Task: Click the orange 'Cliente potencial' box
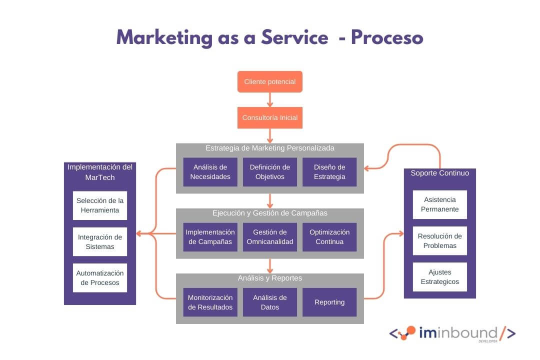pyautogui.click(x=270, y=81)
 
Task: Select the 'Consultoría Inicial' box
pyautogui.click(x=270, y=118)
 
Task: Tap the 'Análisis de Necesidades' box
pyautogui.click(x=210, y=172)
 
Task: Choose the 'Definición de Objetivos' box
pyautogui.click(x=270, y=172)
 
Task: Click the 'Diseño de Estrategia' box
pyautogui.click(x=329, y=172)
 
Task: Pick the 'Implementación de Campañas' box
pyautogui.click(x=210, y=237)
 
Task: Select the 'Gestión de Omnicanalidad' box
pyautogui.click(x=270, y=237)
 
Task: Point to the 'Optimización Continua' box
pyautogui.click(x=329, y=237)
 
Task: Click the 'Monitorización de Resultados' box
pyautogui.click(x=210, y=302)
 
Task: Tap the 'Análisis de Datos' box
pyautogui.click(x=270, y=302)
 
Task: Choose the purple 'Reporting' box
pyautogui.click(x=329, y=302)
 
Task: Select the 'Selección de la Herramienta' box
pyautogui.click(x=100, y=205)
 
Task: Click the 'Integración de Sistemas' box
pyautogui.click(x=100, y=242)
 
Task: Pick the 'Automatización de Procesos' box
pyautogui.click(x=100, y=278)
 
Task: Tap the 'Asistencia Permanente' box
pyautogui.click(x=440, y=204)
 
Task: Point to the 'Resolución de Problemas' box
pyautogui.click(x=440, y=241)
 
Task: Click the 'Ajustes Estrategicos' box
pyautogui.click(x=440, y=277)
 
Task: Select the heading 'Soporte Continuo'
pyautogui.click(x=440, y=173)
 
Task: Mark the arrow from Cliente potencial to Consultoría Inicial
pyautogui.click(x=270, y=100)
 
